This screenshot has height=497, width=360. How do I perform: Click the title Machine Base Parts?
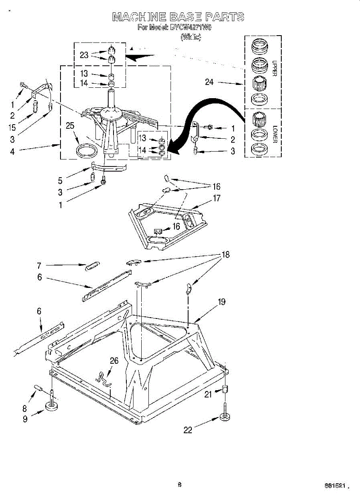pos(178,17)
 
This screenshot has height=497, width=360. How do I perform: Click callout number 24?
pos(209,82)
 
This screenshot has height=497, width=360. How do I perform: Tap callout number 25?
pos(70,125)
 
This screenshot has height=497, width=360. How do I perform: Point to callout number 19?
pos(222,302)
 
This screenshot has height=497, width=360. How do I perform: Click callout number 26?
pos(114,361)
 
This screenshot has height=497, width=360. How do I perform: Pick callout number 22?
pos(188,430)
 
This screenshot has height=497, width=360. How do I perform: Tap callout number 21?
pos(208,395)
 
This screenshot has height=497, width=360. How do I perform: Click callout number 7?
pos(39,265)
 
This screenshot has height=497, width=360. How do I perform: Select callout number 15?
pos(12,127)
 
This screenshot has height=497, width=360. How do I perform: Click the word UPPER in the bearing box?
pos(274,69)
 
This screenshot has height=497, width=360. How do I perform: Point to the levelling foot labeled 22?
pos(225,417)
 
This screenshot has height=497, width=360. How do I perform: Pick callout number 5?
pos(60,181)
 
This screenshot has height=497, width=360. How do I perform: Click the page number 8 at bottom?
pos(179,485)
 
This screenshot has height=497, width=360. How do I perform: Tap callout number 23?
pos(84,55)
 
